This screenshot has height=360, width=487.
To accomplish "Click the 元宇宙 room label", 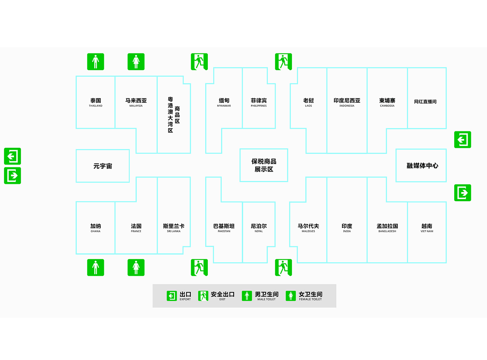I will [103, 166].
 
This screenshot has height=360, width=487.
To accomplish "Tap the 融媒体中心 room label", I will [423, 166].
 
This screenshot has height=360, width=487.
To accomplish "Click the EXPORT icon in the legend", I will [172, 296].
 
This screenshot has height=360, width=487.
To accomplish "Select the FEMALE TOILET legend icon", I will [291, 296].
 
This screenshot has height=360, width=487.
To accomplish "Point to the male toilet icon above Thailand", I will [96, 62].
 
